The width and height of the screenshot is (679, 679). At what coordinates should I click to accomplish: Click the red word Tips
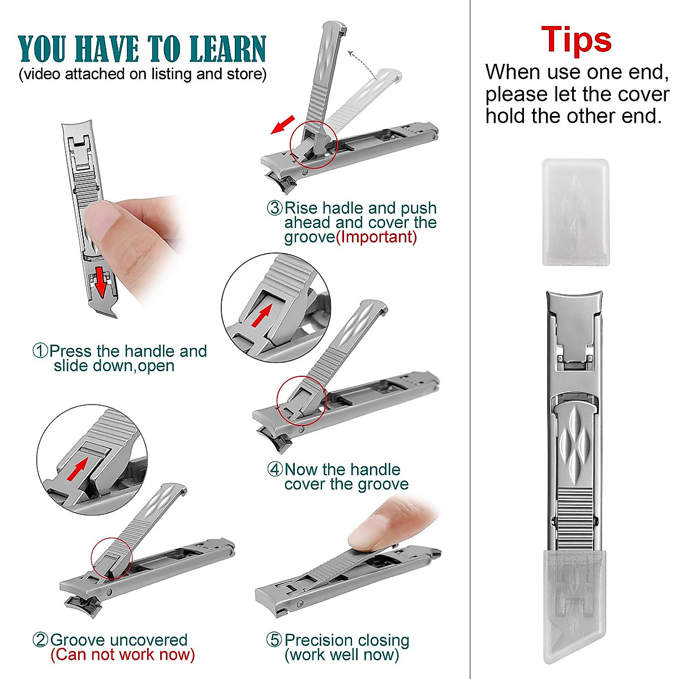[576, 40]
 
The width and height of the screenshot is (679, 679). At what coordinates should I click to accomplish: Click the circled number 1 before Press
[41, 351]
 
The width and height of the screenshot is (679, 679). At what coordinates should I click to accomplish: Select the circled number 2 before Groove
[41, 641]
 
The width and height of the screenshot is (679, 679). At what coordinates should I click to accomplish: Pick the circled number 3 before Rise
[275, 208]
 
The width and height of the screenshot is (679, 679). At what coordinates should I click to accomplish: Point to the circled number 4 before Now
[275, 470]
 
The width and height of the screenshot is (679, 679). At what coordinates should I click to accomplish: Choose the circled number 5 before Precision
[274, 641]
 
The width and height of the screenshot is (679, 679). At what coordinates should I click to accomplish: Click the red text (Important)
[376, 237]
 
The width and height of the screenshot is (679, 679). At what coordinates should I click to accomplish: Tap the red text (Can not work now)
[123, 655]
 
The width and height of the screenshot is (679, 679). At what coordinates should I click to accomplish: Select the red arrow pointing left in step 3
[282, 125]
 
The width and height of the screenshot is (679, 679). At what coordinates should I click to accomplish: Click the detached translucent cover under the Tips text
[575, 212]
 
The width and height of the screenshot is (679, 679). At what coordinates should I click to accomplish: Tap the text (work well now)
[341, 655]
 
